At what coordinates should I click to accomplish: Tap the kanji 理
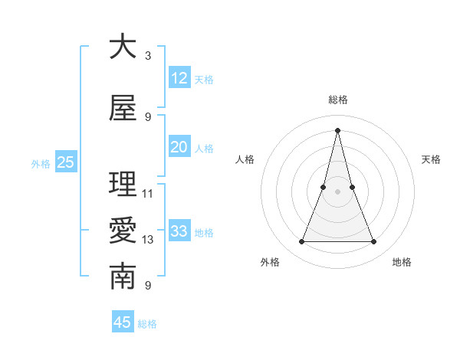point(123,185)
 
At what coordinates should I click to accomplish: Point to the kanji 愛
point(123,231)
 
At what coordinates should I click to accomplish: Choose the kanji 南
point(123,277)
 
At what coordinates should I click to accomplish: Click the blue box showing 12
point(179,78)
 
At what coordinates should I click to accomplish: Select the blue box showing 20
point(179,147)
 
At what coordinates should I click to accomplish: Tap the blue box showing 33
point(179,231)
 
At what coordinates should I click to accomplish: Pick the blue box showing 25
point(65,162)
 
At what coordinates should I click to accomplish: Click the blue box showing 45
point(123,322)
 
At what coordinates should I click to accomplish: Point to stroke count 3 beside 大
point(148,55)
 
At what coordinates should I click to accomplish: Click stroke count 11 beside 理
point(148,193)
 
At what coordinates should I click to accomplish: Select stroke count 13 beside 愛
point(148,240)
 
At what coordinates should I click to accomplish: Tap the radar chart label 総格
point(338,100)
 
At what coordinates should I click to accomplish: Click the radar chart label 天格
point(431,159)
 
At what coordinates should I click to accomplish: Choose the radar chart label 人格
point(245,159)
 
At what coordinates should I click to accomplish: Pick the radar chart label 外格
point(270,262)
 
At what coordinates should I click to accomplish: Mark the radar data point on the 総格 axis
point(338,129)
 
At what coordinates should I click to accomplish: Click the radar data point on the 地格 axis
point(374,242)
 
